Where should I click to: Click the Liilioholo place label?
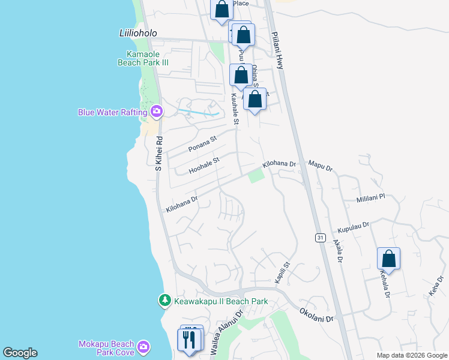tap(137, 33)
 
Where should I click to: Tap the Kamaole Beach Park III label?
tap(143, 57)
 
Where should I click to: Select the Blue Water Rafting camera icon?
tap(157, 111)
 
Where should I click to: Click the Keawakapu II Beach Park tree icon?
tap(164, 299)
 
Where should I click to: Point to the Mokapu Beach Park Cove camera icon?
tap(143, 347)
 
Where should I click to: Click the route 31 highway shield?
tap(321, 237)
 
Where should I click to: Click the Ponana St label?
tap(202, 145)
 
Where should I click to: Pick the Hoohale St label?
tap(205, 166)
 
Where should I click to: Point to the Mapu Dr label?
tap(320, 166)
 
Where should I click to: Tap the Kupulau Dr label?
tap(353, 228)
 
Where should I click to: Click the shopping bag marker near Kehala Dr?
tap(388, 259)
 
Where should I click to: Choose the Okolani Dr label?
tap(316, 316)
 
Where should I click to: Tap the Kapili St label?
tap(283, 272)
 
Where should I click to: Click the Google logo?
tap(20, 353)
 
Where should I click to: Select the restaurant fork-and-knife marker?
tap(190, 340)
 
